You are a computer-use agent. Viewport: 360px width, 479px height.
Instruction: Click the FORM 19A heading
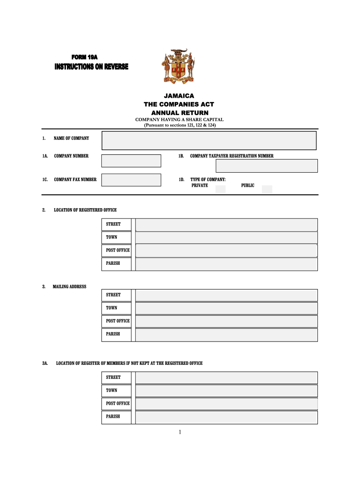[x=84, y=57]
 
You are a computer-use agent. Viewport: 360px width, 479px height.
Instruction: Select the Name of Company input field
[x=209, y=140]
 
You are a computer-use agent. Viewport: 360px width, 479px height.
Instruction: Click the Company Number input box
[x=131, y=161]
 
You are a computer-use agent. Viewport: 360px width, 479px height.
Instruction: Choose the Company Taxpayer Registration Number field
[x=266, y=166]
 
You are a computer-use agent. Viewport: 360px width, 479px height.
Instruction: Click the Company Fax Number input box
[x=131, y=180]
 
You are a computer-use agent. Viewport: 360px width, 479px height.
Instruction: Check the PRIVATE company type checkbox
[x=220, y=189]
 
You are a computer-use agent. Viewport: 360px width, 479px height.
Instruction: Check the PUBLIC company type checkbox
[x=267, y=189]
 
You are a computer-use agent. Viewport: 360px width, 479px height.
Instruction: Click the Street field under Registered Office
[x=226, y=225]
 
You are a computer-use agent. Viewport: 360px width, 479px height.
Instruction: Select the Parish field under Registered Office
[x=226, y=264]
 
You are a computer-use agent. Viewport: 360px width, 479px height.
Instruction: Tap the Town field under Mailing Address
[x=226, y=308]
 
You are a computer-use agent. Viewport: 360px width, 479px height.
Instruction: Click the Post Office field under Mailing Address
[x=226, y=321]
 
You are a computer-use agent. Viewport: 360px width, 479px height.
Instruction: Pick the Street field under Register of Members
[x=226, y=377]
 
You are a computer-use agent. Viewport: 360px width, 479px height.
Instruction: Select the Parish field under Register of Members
[x=226, y=417]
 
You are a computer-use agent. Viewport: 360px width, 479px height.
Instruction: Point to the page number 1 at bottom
[x=180, y=432]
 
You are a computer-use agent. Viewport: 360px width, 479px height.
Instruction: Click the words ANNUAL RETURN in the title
[x=180, y=113]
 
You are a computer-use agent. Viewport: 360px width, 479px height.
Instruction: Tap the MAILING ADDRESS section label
[x=69, y=286]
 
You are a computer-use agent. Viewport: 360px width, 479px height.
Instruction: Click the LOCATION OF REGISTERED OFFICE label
[x=85, y=210]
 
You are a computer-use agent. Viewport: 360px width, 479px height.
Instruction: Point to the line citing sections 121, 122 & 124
[x=180, y=125]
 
